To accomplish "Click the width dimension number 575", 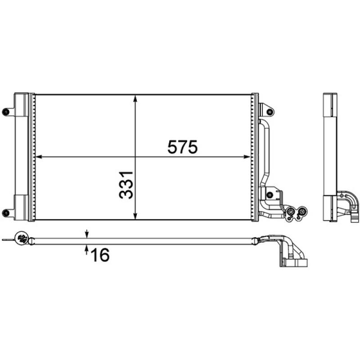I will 182,147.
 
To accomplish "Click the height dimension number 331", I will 126,184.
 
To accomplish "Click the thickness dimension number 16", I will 100,255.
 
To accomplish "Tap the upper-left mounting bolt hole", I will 5,111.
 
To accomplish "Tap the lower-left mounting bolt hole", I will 5,213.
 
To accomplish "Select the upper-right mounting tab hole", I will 269,110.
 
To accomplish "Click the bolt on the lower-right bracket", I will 270,195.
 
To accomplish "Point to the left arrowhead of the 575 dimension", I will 38,157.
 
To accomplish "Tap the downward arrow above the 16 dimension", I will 87,234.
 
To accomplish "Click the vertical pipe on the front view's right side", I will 265,148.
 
